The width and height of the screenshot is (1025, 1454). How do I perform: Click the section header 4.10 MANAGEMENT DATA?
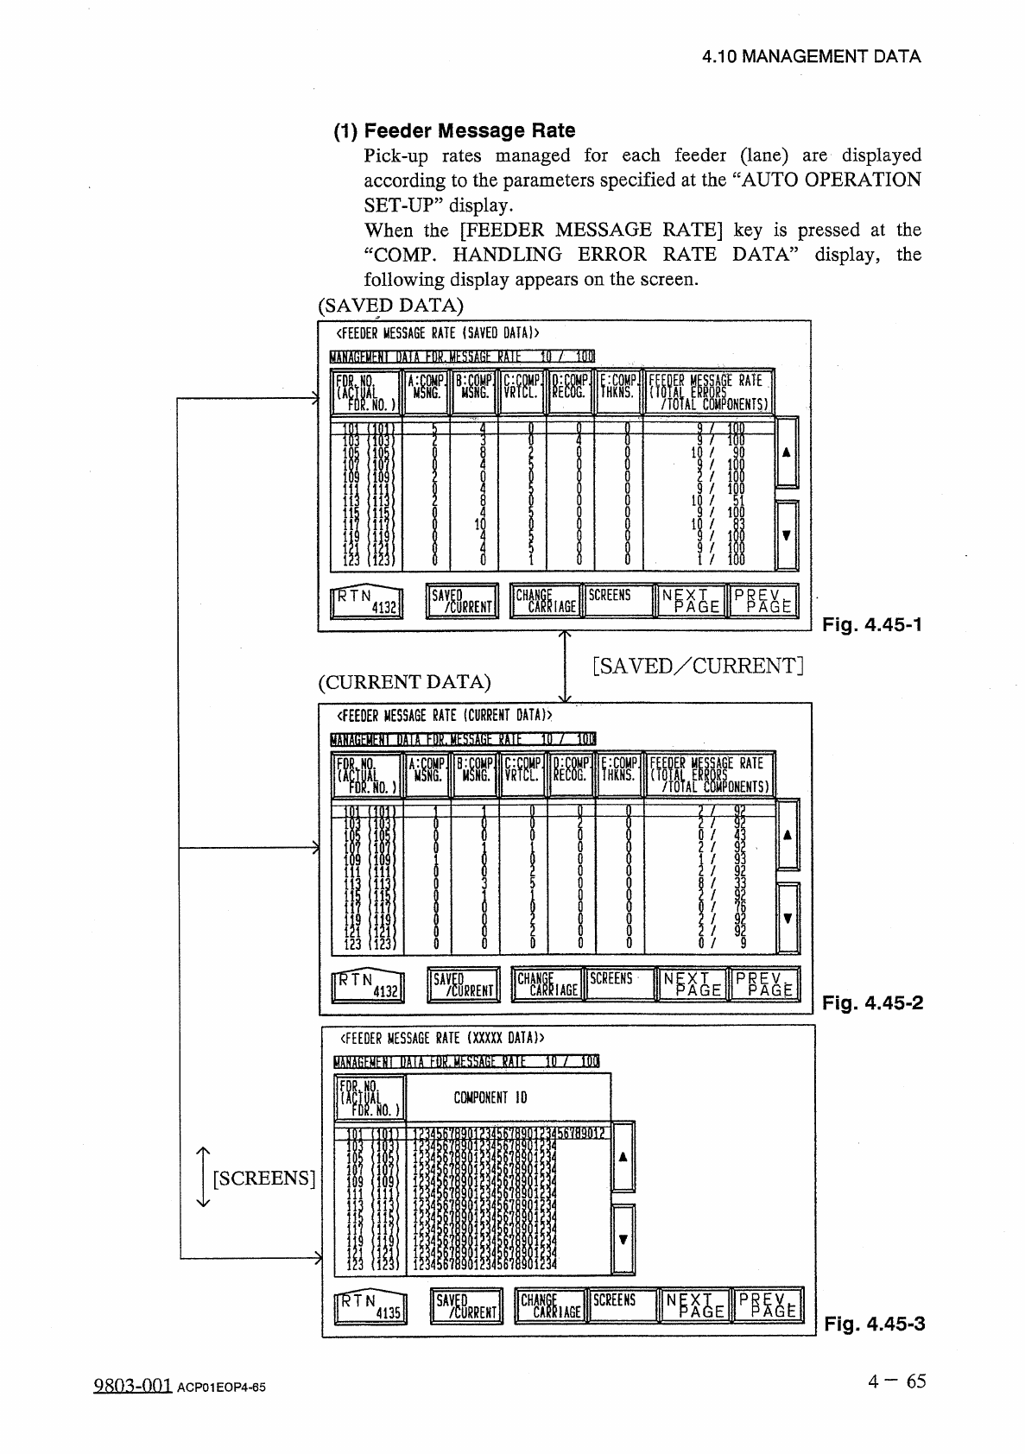pos(811,57)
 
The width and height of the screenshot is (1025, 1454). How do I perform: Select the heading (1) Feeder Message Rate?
pos(455,130)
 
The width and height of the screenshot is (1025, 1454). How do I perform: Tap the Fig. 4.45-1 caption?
pos(872,623)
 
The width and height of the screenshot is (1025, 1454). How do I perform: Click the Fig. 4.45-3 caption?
pos(874,1324)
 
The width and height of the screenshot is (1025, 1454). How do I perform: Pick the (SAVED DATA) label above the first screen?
pos(390,306)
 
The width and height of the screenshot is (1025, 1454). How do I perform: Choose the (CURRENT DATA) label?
pos(404,682)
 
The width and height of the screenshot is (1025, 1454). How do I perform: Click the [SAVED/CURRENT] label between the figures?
pos(698,666)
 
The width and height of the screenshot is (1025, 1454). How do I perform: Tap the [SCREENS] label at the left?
pos(263,1178)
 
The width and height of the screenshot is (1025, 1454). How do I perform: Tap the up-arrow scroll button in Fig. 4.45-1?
pos(787,452)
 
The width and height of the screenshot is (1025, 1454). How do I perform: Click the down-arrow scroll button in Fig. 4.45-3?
pos(623,1239)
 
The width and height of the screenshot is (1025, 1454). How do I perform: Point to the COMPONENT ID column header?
pos(490,1097)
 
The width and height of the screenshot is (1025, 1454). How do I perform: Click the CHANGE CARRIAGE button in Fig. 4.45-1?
pos(547,601)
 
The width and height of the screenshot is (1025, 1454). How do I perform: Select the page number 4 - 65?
pos(897,1381)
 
